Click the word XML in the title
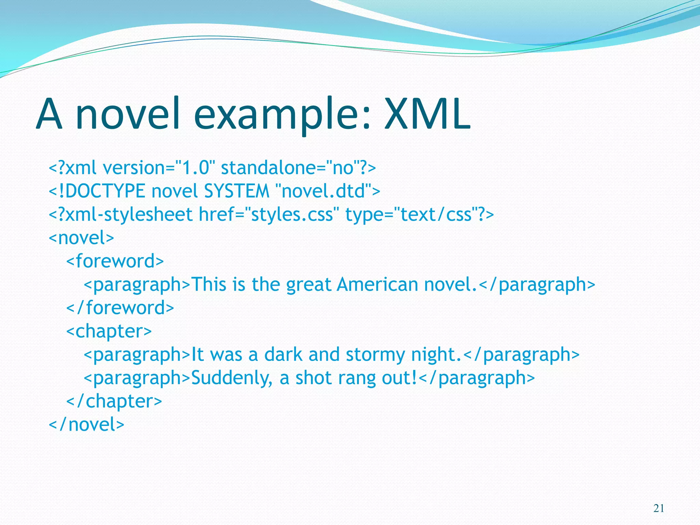point(427,114)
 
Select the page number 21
point(659,509)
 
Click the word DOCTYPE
point(105,191)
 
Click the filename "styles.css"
point(292,215)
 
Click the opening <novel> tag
point(81,238)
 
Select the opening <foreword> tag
point(115,261)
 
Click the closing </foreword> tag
point(120,308)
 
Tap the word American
point(377,284)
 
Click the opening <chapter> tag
point(109,331)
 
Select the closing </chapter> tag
point(114,401)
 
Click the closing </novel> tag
point(86,425)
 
